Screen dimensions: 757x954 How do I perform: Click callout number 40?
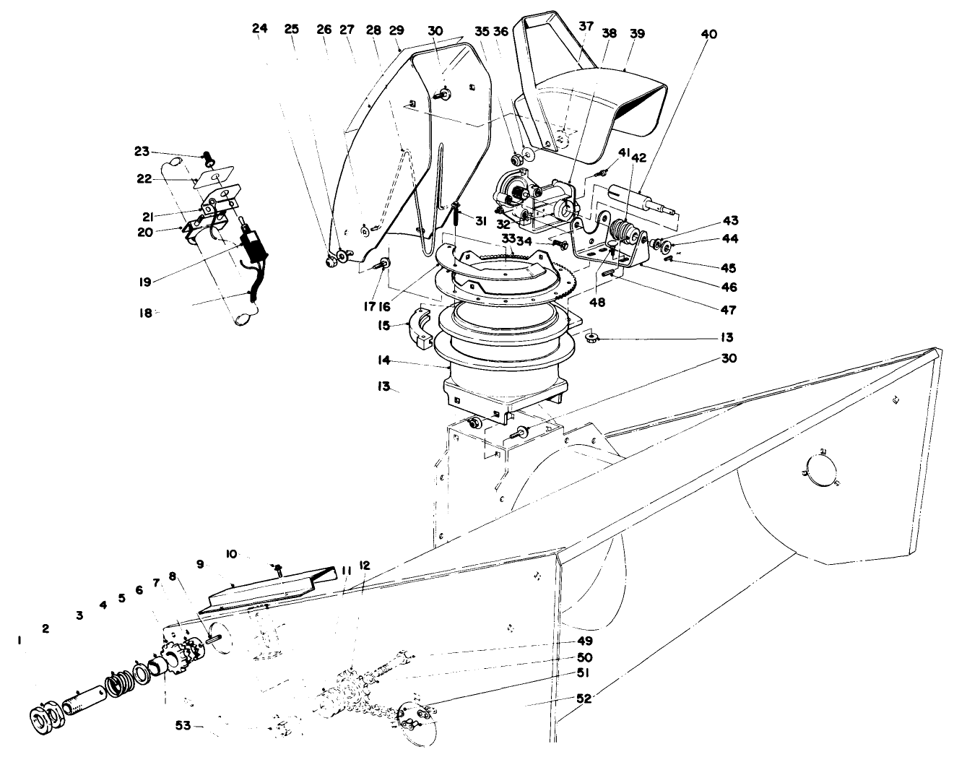tap(709, 33)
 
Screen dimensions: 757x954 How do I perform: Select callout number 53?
tap(183, 725)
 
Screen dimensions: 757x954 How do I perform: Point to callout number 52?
tap(584, 700)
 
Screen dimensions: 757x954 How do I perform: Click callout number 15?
tap(384, 326)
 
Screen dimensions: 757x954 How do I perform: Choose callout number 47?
tap(727, 310)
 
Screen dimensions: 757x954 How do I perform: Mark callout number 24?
tap(260, 29)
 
